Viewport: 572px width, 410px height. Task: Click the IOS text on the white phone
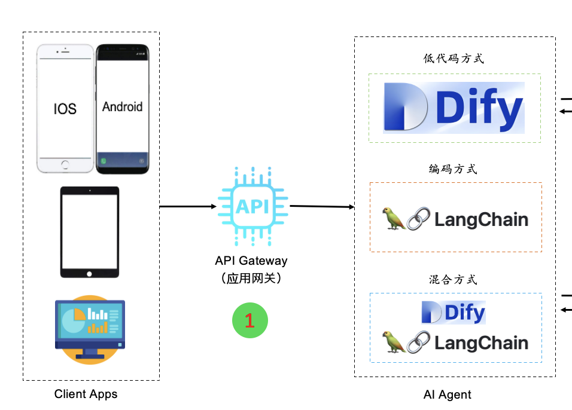point(65,108)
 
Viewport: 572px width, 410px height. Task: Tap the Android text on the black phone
point(122,107)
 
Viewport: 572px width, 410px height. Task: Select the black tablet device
point(90,232)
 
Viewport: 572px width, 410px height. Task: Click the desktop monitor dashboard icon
point(90,328)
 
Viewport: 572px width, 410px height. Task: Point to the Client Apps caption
point(86,394)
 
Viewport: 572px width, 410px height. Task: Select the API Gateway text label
point(251,261)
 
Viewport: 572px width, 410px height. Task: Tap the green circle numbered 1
point(250,320)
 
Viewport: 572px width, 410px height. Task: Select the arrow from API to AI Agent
point(322,207)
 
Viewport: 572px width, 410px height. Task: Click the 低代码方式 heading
point(453,59)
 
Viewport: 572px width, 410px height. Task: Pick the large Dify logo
point(454,108)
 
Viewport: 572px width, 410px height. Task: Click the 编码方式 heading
point(453,169)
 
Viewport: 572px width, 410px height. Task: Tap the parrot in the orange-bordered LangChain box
point(394,219)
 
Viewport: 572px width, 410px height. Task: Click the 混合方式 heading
point(453,280)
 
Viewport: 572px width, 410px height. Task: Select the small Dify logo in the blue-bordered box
point(454,312)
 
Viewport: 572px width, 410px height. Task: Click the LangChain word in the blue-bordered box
point(481,343)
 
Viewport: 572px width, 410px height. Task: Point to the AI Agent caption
point(447,394)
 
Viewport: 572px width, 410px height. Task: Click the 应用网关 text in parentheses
point(251,278)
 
